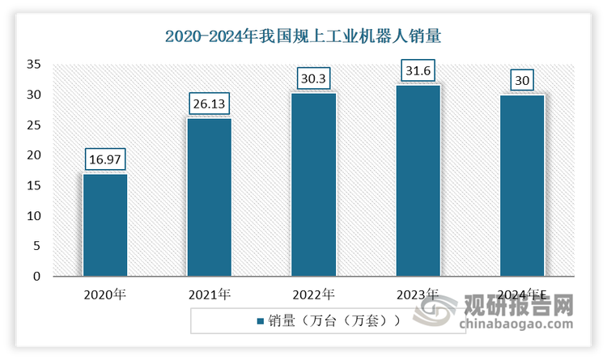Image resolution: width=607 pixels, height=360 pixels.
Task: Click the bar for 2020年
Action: (x=105, y=225)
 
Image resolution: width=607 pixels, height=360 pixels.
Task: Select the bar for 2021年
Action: (x=209, y=197)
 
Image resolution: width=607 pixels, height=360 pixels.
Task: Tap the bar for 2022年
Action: (x=313, y=184)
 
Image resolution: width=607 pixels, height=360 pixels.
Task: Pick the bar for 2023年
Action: (x=418, y=180)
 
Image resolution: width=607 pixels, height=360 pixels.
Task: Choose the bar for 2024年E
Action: (x=522, y=185)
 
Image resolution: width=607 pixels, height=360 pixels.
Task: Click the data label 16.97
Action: (x=105, y=160)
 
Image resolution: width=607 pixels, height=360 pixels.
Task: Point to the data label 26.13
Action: (x=209, y=105)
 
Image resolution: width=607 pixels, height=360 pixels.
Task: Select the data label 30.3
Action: (x=313, y=79)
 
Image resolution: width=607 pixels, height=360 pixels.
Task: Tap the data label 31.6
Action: (x=418, y=72)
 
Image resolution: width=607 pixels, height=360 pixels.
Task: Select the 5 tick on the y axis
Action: (x=36, y=246)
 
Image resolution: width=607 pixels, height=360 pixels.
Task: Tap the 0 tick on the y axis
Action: (x=36, y=277)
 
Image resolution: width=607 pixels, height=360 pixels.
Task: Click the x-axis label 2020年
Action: (x=105, y=294)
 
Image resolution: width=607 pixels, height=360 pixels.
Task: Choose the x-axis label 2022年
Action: (x=313, y=294)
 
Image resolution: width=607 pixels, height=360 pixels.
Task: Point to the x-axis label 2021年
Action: (x=209, y=294)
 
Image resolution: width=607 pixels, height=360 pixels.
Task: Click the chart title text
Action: (x=303, y=36)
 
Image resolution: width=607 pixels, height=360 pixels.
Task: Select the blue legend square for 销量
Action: (x=260, y=321)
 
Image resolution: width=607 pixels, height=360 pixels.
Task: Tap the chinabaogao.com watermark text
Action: (x=516, y=326)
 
